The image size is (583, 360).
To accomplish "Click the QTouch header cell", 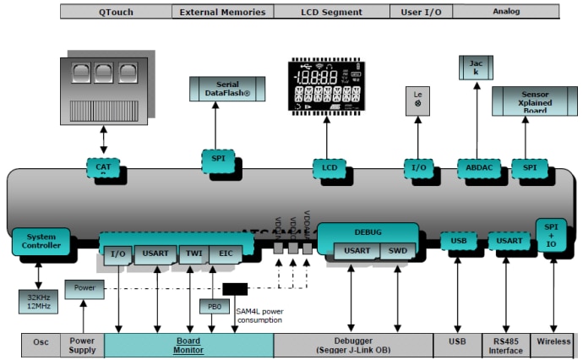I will pos(116,12).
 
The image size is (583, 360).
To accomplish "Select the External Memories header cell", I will pos(222,12).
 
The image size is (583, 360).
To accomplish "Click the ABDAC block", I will pos(478,167).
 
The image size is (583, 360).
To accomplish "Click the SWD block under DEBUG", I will pos(397,251).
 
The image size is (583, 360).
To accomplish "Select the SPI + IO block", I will pos(551,233).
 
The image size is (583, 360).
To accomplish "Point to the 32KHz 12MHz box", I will pos(37,302).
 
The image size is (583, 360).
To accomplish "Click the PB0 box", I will pos(211,307).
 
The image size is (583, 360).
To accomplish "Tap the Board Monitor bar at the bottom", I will pos(188,346).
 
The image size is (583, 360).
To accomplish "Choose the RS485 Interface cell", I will pos(505,346).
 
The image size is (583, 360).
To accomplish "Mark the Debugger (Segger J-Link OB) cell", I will pos(353,346).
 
